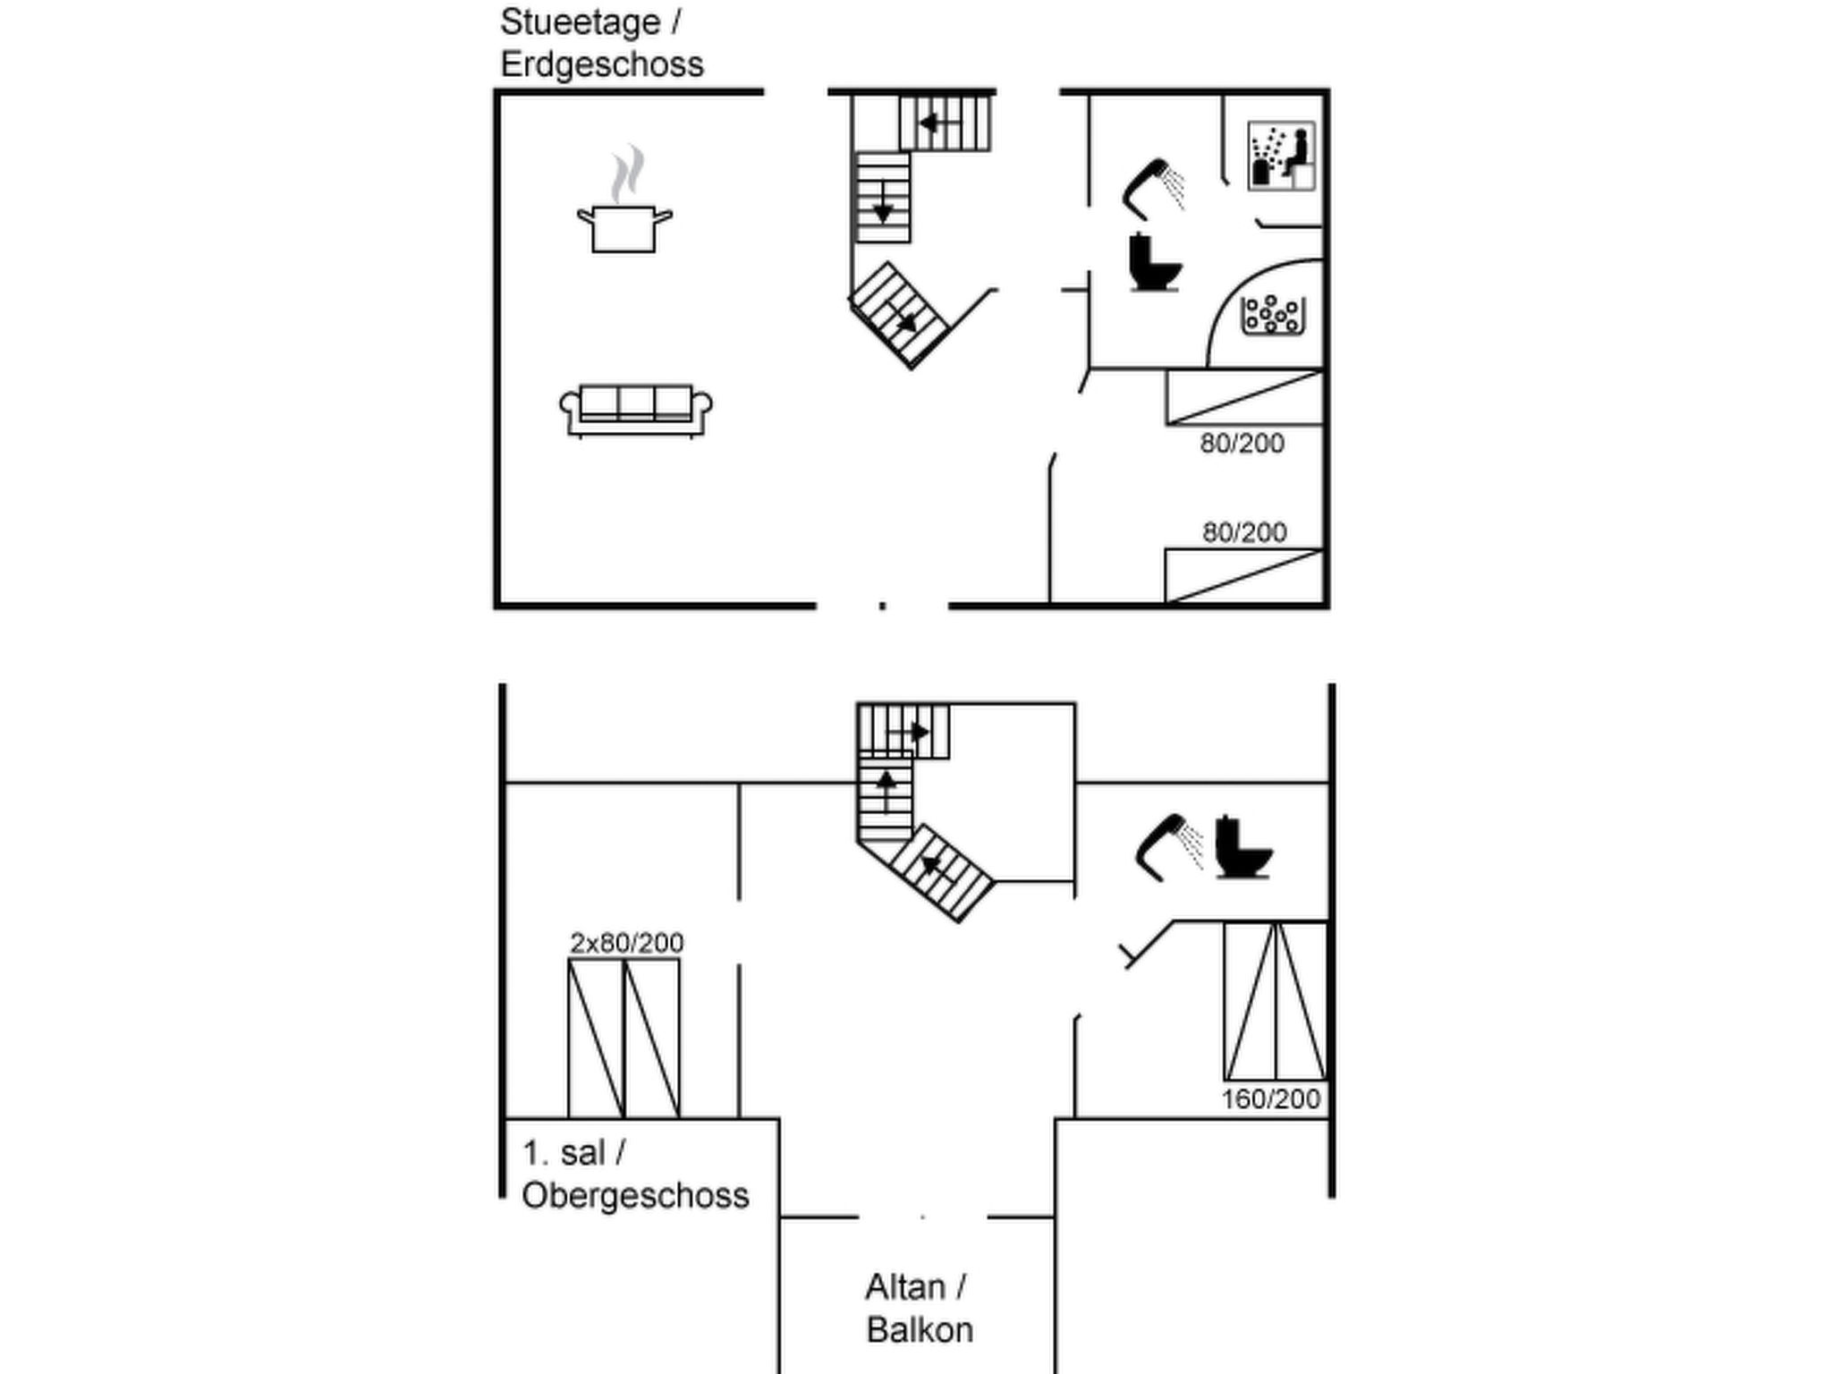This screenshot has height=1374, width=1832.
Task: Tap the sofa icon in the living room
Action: [x=636, y=411]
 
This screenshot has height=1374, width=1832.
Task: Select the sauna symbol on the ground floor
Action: [x=1281, y=156]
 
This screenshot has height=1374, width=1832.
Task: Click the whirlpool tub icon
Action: [x=1273, y=316]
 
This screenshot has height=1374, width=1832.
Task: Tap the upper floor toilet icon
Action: [x=1243, y=847]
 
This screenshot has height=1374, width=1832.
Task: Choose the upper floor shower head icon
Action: [x=1169, y=847]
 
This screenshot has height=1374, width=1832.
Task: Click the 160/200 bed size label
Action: [x=1271, y=1098]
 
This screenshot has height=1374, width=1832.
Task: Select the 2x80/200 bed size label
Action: [x=627, y=943]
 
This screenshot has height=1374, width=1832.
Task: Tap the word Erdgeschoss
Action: [x=602, y=64]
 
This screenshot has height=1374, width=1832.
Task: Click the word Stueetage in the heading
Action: [x=580, y=22]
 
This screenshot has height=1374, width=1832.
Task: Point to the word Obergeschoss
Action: [x=635, y=1195]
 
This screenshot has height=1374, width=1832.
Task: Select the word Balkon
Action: [x=920, y=1329]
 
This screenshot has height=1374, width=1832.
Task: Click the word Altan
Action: [x=905, y=1287]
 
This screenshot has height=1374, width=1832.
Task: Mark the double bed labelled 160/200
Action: [x=1276, y=1001]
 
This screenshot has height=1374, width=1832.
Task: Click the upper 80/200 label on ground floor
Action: [x=1243, y=443]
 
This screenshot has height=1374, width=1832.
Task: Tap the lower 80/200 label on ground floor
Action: [x=1244, y=532]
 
